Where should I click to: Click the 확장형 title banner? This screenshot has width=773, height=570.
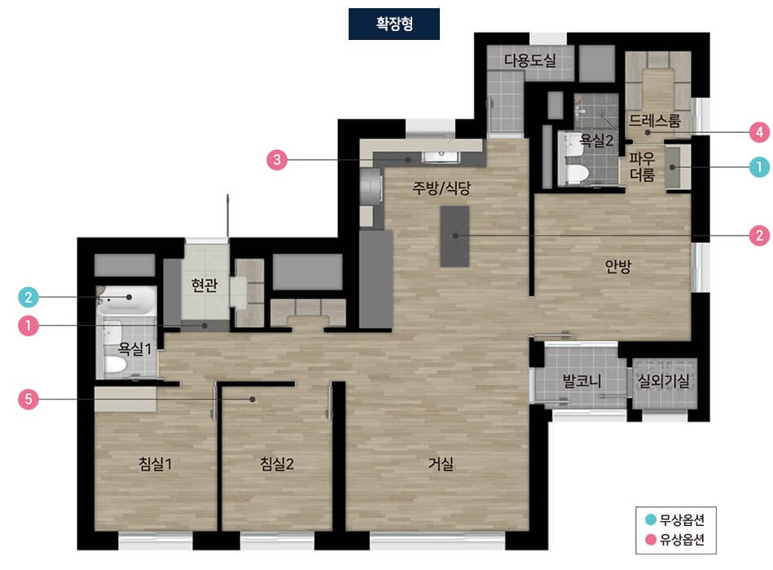point(394,24)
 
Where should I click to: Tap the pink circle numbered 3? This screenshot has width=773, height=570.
point(277,160)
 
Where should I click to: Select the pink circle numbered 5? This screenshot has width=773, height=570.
point(28,399)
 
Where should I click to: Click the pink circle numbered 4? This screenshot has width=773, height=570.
point(759,132)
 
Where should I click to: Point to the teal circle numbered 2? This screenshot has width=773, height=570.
point(28,297)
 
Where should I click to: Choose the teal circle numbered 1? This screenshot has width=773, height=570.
point(759,167)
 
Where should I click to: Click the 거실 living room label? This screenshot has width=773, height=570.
point(440,464)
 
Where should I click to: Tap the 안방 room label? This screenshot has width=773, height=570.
point(617,267)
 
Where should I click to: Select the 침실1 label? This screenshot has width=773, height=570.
point(155,464)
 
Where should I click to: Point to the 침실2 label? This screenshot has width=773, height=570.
point(277,464)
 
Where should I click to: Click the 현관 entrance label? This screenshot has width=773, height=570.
point(204,285)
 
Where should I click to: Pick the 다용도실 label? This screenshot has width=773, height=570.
point(530,60)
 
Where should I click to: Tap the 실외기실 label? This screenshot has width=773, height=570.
point(664,381)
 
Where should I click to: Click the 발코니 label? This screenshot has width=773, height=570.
point(582,381)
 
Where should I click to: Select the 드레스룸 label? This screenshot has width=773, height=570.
point(655,120)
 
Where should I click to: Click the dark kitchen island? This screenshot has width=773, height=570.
point(455,236)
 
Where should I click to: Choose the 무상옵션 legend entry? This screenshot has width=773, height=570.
point(675,519)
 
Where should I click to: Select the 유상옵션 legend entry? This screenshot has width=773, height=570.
point(675,539)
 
